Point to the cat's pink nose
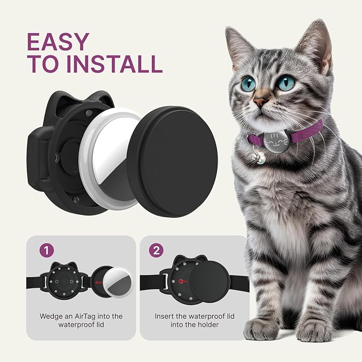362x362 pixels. (261, 101)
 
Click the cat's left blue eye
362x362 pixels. (248, 84)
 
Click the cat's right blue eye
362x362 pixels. (286, 83)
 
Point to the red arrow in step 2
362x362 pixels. (183, 280)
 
